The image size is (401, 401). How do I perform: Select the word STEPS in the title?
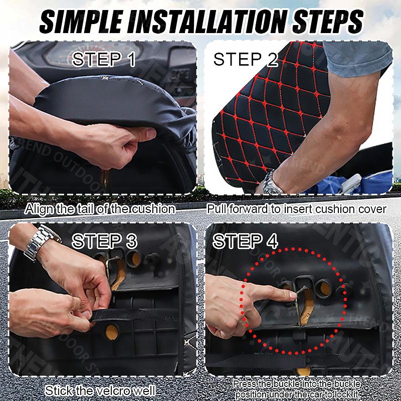[x=328, y=21]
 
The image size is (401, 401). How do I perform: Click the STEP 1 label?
[x=103, y=59]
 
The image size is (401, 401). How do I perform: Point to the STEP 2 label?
[x=246, y=59]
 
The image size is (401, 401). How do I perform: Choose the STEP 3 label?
[x=104, y=241]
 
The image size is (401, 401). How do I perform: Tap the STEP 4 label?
[x=245, y=241]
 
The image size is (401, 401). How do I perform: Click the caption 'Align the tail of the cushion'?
[x=100, y=209]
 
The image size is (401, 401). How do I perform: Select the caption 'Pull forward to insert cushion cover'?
[x=296, y=209]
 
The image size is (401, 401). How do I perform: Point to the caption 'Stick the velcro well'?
[x=100, y=390]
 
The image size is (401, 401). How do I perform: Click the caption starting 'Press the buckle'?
[x=297, y=389]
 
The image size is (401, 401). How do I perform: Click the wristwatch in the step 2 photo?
[x=272, y=183]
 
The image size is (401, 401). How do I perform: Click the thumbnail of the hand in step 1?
[x=149, y=133]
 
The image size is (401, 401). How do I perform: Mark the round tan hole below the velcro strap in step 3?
[x=112, y=332]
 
